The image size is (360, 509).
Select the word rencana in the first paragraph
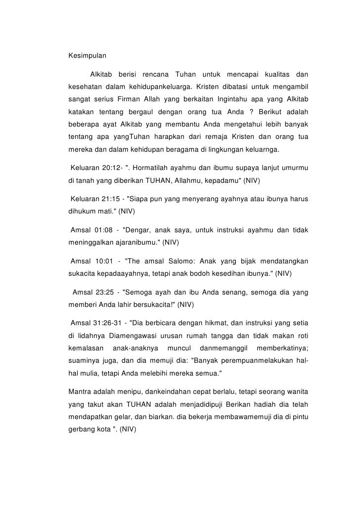(155, 75)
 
